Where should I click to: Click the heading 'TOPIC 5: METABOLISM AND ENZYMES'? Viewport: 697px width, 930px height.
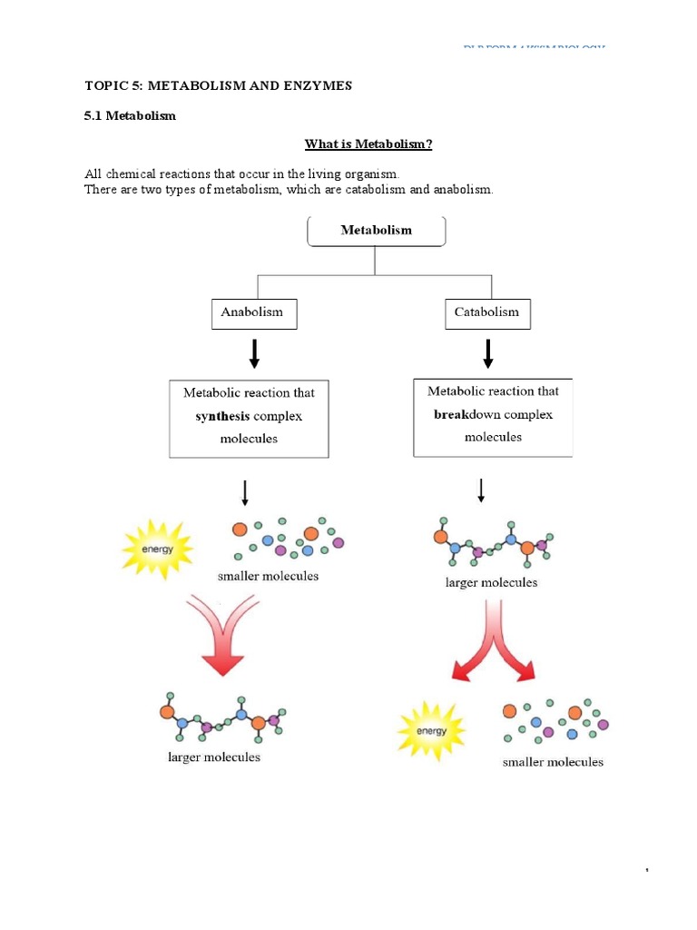[218, 85]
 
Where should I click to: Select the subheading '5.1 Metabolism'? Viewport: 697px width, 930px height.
[130, 116]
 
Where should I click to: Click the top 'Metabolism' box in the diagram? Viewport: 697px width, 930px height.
[376, 231]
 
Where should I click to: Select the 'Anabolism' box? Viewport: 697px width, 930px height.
[253, 312]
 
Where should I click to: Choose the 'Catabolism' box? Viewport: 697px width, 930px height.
[487, 312]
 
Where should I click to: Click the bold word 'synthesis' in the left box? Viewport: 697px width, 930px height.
[223, 416]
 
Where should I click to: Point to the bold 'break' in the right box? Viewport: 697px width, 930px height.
[449, 414]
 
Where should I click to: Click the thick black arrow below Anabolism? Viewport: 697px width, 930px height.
[254, 352]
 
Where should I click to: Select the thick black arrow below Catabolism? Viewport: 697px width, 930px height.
[488, 352]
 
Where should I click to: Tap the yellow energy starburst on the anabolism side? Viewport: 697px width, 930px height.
[158, 549]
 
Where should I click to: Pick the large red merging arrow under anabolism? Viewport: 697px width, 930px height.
[220, 636]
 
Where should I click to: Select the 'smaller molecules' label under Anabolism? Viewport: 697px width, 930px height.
[268, 576]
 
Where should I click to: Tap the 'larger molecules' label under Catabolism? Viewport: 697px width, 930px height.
[491, 582]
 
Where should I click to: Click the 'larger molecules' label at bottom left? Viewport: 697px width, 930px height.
[214, 757]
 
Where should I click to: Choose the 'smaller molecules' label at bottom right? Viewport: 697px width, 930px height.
[553, 762]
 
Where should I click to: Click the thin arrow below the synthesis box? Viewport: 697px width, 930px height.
[245, 493]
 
